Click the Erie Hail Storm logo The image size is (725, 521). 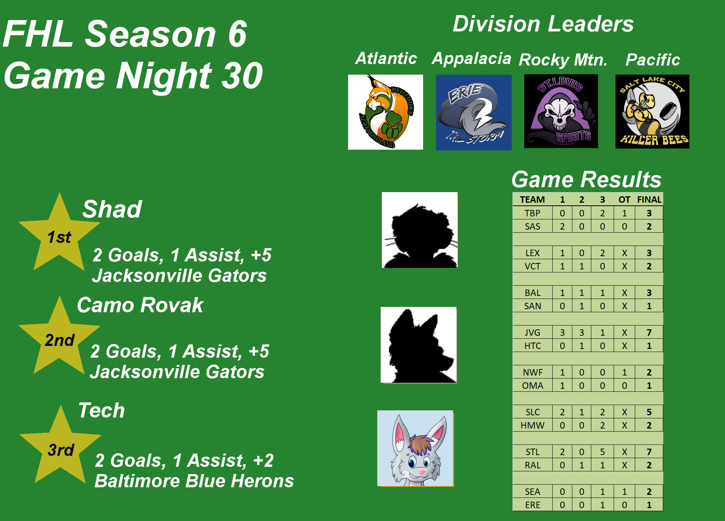[473, 112]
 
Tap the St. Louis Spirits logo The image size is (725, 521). [561, 111]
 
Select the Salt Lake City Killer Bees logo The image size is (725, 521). [652, 111]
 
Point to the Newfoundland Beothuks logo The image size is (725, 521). [386, 112]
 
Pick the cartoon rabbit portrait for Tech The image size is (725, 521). [415, 448]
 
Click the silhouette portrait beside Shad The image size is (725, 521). [420, 230]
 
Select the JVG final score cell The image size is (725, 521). [649, 332]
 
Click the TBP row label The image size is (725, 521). [532, 213]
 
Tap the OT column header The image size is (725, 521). [624, 200]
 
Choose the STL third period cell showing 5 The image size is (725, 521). [602, 452]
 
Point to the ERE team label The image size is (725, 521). [532, 505]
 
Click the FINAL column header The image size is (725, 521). [649, 200]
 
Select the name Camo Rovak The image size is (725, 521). [140, 305]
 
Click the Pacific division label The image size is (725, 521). [653, 59]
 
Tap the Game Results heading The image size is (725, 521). [586, 179]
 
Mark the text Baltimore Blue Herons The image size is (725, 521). [194, 481]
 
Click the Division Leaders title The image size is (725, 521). [543, 24]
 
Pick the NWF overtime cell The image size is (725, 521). [624, 372]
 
